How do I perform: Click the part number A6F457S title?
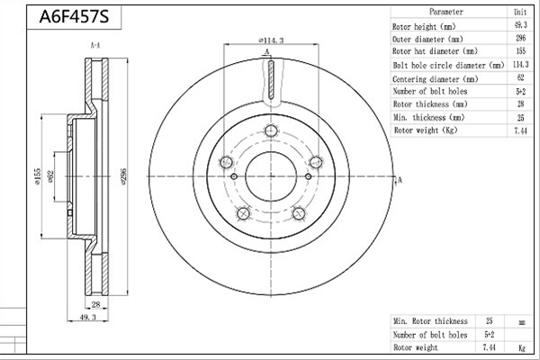(74, 16)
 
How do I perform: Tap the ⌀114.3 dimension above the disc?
(271, 40)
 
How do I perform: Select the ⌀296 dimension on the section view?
(124, 176)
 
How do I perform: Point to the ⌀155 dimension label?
(37, 176)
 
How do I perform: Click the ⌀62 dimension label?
(50, 176)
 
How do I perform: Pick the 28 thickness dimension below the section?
(95, 304)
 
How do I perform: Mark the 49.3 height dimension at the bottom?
(88, 317)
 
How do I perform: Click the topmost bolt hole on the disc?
(271, 130)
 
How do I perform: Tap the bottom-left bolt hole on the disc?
(244, 213)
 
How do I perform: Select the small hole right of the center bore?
(308, 176)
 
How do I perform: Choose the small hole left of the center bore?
(234, 176)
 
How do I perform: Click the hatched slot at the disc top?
(271, 80)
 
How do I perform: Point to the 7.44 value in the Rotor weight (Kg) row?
(520, 130)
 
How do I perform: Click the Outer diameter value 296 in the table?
(521, 38)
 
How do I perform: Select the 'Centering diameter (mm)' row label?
(436, 79)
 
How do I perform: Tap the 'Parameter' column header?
(446, 12)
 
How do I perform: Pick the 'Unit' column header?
(520, 12)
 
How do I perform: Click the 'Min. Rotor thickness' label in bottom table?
(430, 321)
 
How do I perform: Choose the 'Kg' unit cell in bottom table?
(522, 347)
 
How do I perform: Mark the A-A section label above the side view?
(95, 45)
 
